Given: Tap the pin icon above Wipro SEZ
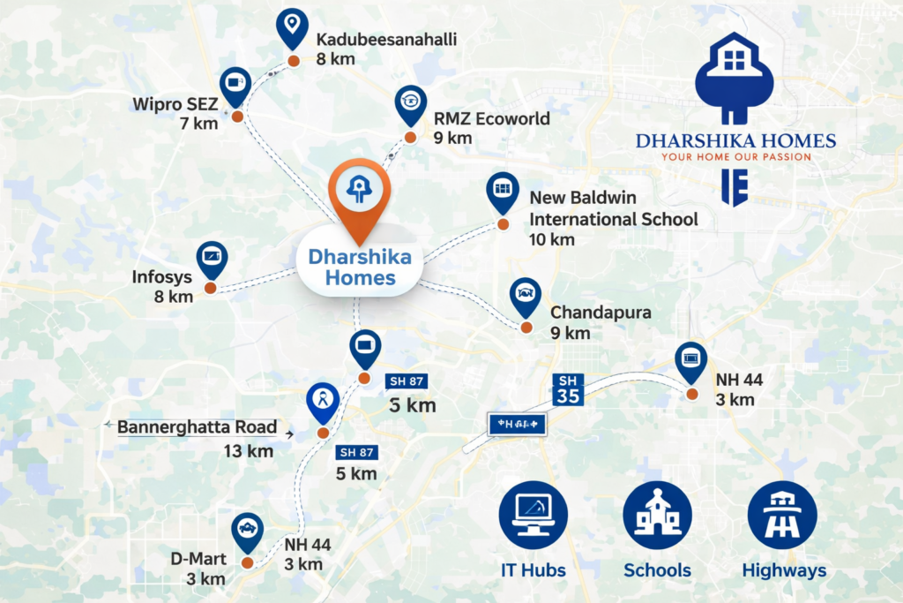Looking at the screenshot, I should pyautogui.click(x=235, y=85).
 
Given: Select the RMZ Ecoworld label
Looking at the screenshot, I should pyautogui.click(x=491, y=118).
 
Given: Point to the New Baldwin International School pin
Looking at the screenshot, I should pyautogui.click(x=503, y=192).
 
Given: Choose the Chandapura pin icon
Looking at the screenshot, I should pyautogui.click(x=526, y=296).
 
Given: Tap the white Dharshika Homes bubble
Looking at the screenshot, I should pyautogui.click(x=359, y=267).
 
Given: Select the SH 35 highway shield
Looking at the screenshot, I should pyautogui.click(x=568, y=389).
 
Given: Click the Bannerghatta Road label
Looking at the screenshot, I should pyautogui.click(x=197, y=427).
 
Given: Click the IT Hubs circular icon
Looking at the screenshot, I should pyautogui.click(x=533, y=516).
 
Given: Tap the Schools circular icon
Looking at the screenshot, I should pyautogui.click(x=657, y=516).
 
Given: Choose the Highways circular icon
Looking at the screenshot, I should pyautogui.click(x=782, y=516).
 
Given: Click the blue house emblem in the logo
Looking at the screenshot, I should pyautogui.click(x=734, y=78).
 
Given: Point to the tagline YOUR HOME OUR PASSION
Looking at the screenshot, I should pyautogui.click(x=735, y=157).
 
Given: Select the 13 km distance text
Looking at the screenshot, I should pyautogui.click(x=248, y=451).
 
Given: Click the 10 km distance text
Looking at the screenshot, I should pyautogui.click(x=552, y=239).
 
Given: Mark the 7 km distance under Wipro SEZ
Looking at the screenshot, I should pyautogui.click(x=198, y=124).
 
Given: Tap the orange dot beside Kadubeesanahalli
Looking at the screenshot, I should pyautogui.click(x=294, y=61).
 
